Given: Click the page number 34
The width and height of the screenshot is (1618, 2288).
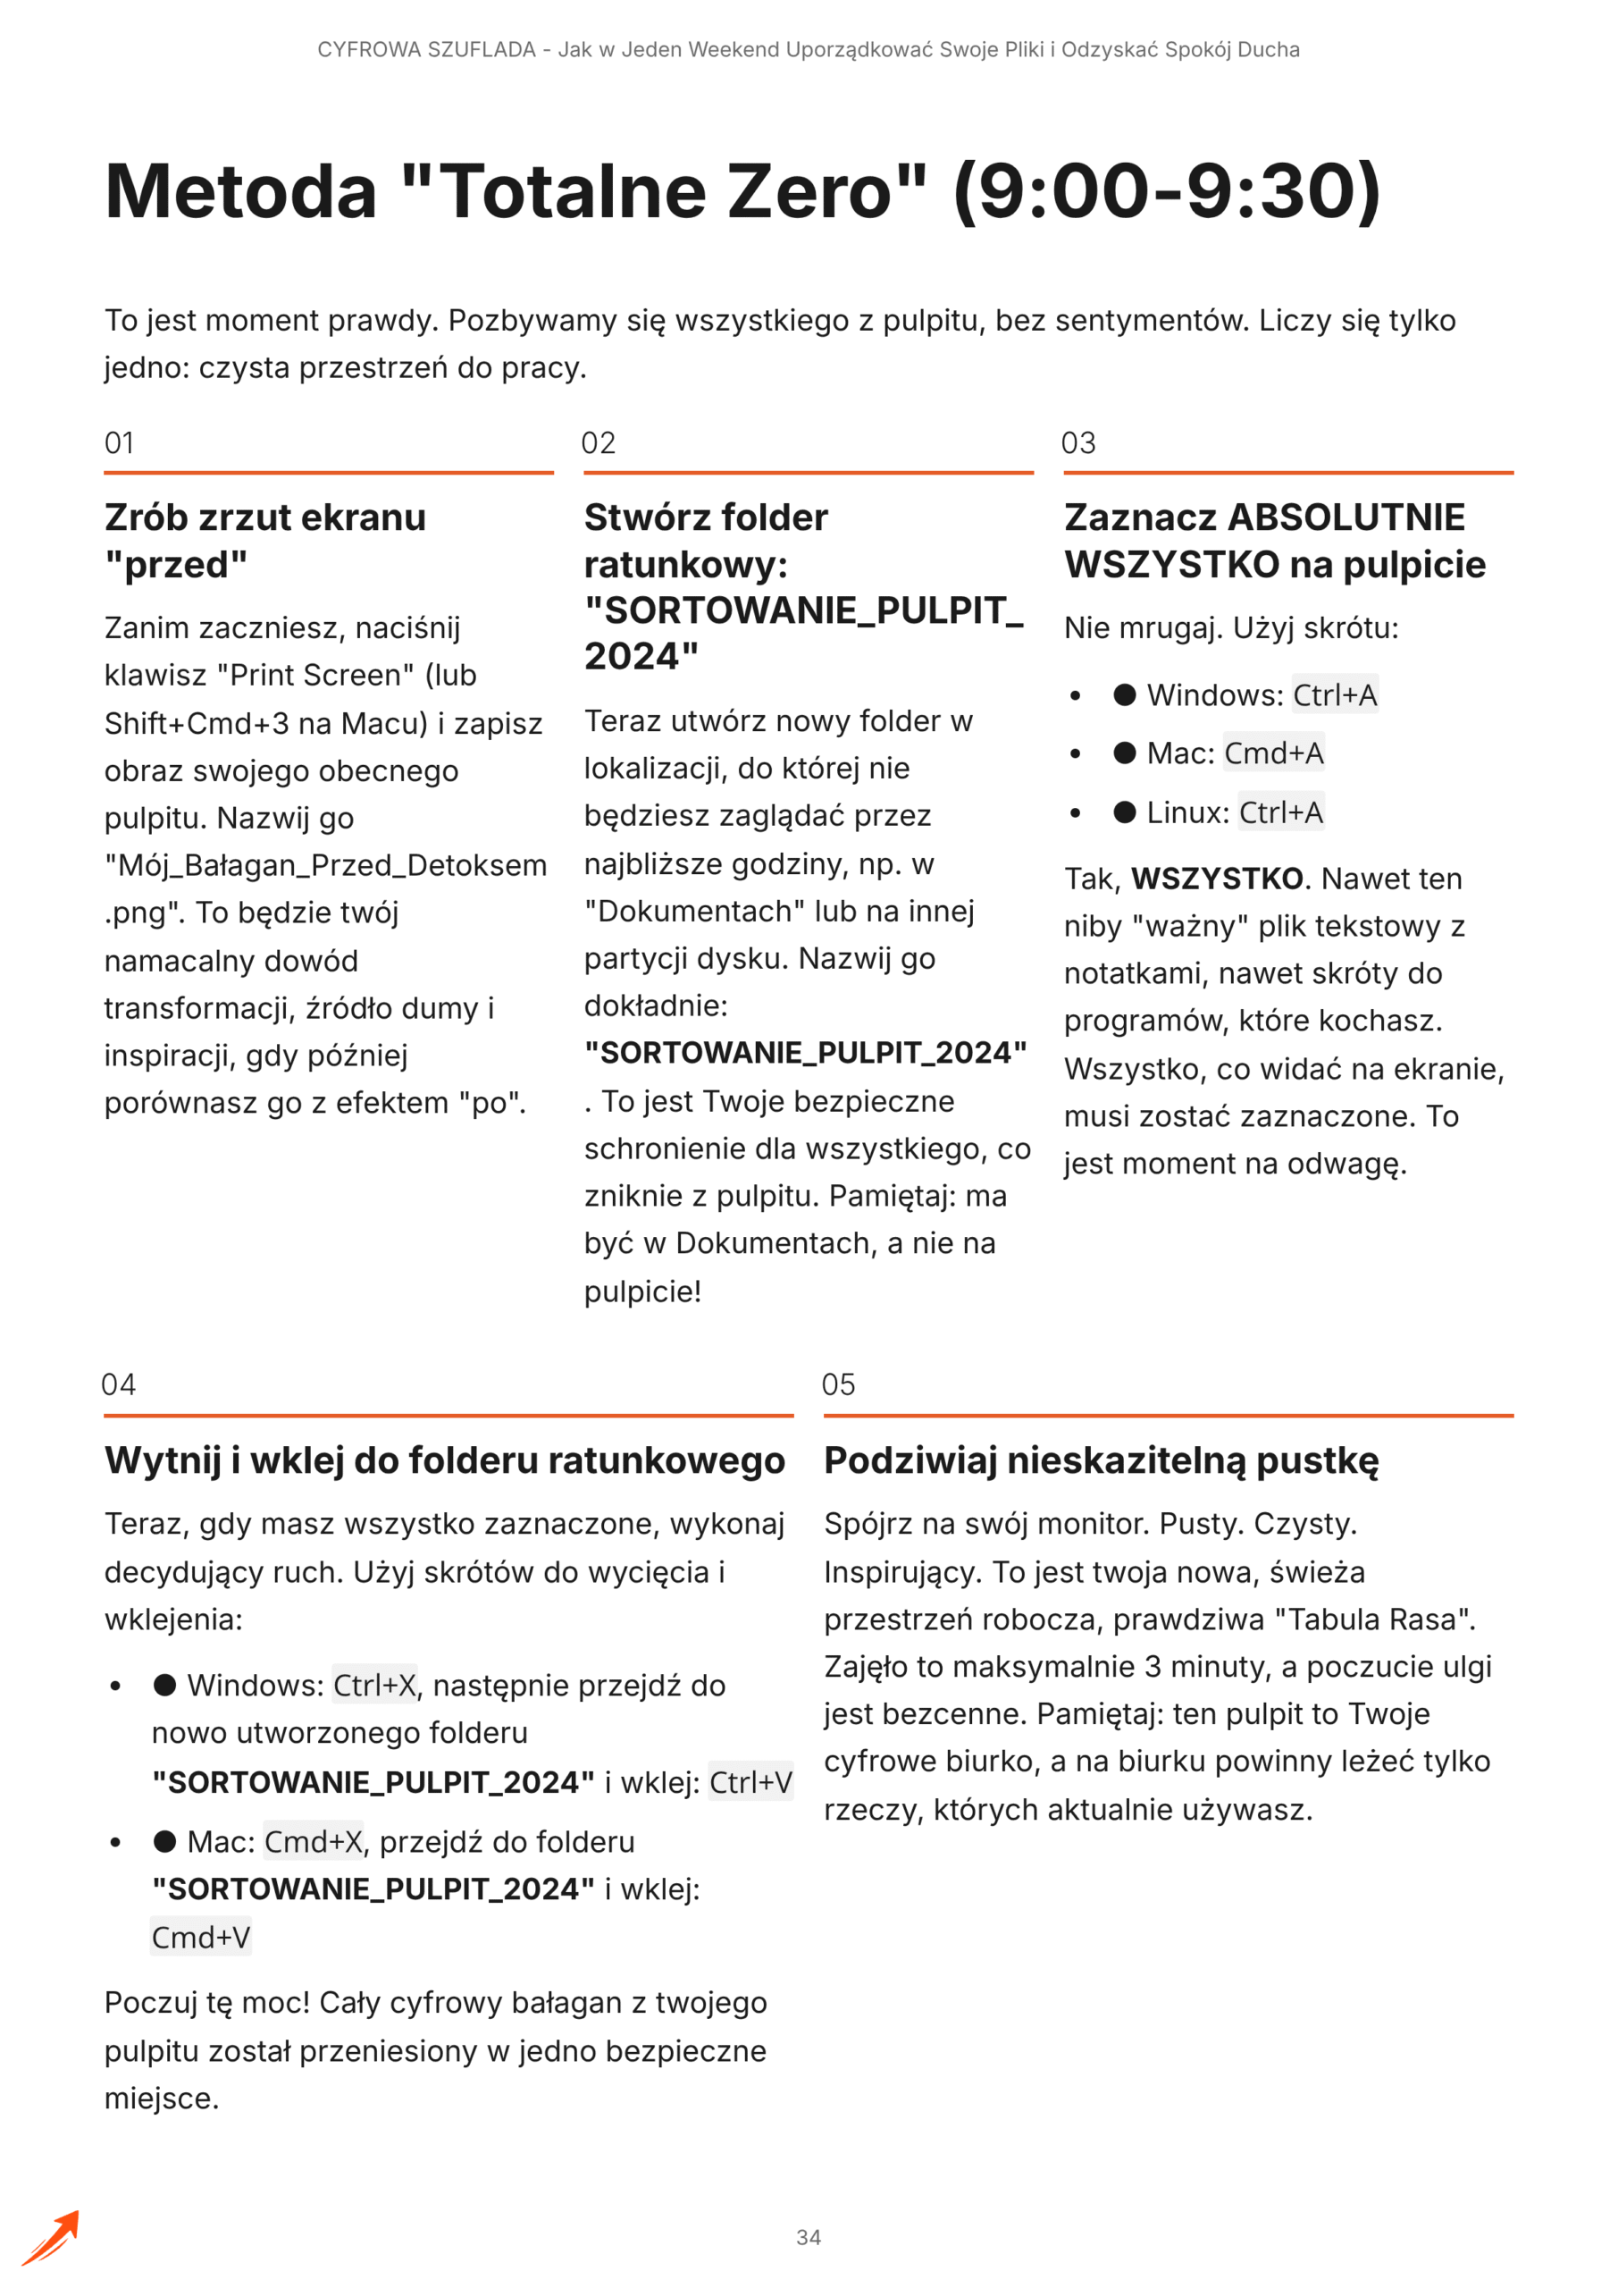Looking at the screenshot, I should coord(808,2237).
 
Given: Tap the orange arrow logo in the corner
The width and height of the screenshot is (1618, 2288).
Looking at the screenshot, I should coord(51,2237).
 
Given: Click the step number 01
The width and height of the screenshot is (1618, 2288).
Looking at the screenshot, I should coord(120,442).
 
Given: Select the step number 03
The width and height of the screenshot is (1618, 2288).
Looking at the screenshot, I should coord(1078,442).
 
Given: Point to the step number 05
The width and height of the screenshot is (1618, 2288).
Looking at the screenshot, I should coord(838,1384).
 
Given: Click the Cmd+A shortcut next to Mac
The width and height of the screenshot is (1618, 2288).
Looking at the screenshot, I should coord(1273,753).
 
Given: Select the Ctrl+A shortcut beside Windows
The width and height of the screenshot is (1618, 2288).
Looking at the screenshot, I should coord(1335,694).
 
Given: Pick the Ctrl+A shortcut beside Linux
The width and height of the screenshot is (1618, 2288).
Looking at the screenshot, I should coord(1280,812).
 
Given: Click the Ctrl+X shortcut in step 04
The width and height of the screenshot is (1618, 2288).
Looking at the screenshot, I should coord(374,1685).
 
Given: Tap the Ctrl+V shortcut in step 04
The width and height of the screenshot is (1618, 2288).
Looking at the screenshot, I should coord(750,1783).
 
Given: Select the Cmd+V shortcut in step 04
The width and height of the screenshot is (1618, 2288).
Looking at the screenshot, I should coord(200,1938).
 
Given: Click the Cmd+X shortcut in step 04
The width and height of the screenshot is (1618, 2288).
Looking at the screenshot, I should coord(313,1841).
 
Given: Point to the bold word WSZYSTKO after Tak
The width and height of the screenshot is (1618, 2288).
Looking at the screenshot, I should coord(1217,879).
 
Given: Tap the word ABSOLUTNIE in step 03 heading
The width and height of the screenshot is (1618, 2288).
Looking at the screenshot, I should coord(1346,517).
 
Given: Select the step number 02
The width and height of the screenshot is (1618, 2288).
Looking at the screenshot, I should coord(599,442).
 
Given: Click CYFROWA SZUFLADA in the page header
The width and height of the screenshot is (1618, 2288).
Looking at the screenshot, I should coord(426,50).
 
